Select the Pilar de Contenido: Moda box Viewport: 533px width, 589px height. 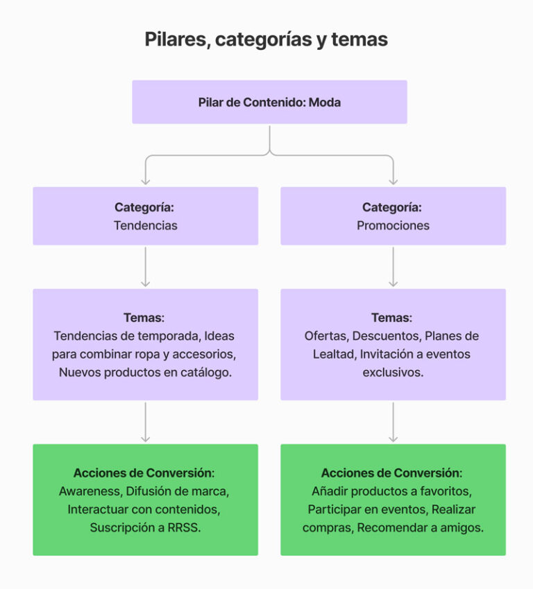tap(269, 103)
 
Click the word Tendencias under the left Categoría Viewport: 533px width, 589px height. tap(146, 225)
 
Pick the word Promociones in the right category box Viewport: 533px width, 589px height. tap(393, 225)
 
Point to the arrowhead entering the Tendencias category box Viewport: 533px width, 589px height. tap(146, 181)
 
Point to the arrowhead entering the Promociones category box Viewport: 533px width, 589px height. tap(394, 181)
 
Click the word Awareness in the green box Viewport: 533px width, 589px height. tap(89, 491)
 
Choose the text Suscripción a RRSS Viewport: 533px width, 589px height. tap(146, 527)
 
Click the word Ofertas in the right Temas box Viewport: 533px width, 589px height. tap(325, 336)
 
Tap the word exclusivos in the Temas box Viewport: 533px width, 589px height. tap(393, 372)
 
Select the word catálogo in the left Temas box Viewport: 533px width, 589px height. tap(207, 372)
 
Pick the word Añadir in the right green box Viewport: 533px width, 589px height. tap(330, 491)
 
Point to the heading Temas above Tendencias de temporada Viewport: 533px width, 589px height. tap(144, 318)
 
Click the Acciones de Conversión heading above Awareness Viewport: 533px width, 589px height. tap(144, 473)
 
